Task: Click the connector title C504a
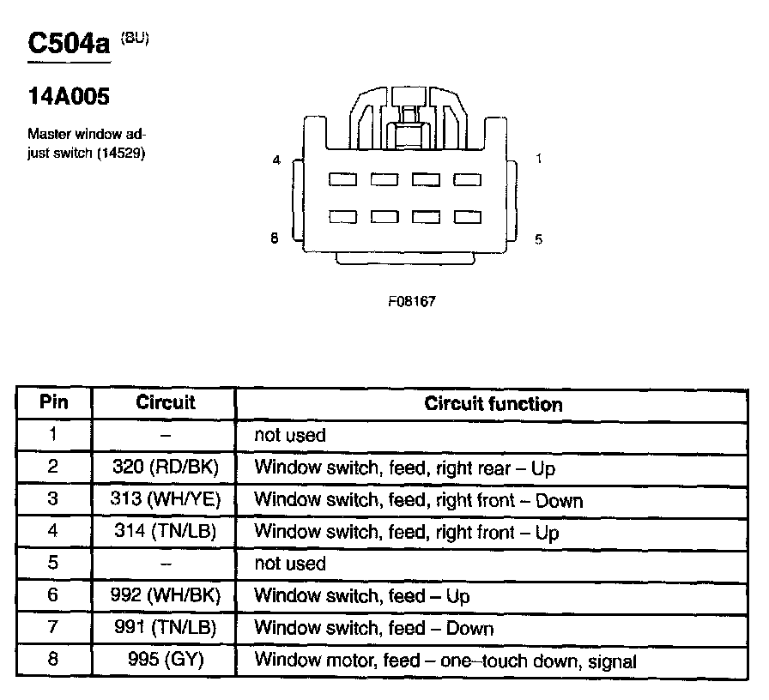tap(70, 44)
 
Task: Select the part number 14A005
tap(69, 97)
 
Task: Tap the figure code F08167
tap(406, 301)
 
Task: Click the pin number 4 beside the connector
tap(276, 160)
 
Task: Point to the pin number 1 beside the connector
tap(538, 159)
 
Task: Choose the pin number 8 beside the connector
tap(275, 239)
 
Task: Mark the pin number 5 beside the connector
tap(538, 239)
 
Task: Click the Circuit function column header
tap(493, 404)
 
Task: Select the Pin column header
tap(53, 402)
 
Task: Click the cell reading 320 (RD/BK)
tap(166, 468)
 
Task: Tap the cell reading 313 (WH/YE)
tap(166, 500)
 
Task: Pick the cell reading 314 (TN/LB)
tap(166, 532)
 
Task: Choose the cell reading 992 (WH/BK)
tap(166, 596)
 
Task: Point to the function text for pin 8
tap(445, 661)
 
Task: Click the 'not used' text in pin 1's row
tap(290, 436)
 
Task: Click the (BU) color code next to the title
tap(135, 37)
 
